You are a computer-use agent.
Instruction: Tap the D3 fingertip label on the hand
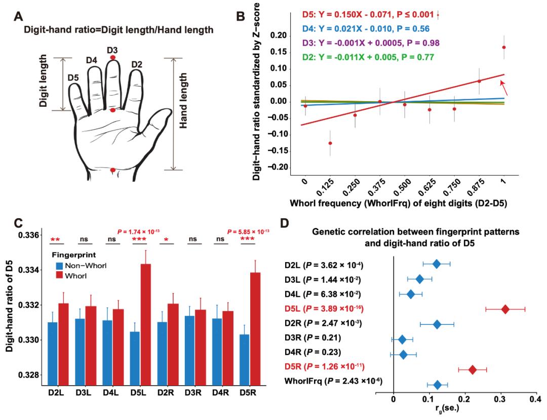pos(112,50)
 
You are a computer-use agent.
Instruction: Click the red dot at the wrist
pos(112,170)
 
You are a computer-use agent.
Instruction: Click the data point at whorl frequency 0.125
pos(330,143)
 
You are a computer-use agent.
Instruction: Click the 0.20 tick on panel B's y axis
pos(278,35)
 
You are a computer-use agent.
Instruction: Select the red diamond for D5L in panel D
pos(505,309)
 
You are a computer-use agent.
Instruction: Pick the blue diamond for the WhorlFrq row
pos(438,385)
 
